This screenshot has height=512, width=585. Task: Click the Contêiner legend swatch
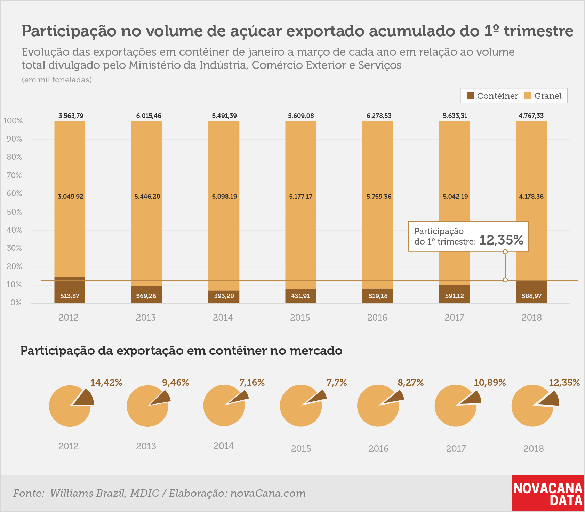[470, 96]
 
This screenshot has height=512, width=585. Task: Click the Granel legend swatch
[528, 96]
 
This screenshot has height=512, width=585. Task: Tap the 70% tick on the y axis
[14, 175]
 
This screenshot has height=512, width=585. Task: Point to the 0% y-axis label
[16, 303]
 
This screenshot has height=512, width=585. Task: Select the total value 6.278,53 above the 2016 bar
[379, 116]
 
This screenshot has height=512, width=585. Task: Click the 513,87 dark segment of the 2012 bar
[70, 290]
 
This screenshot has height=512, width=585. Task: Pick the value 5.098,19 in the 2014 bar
[224, 197]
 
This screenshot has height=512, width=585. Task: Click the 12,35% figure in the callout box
[501, 240]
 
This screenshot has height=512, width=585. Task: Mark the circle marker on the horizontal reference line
[505, 280]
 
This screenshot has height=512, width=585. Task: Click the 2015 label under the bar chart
[300, 317]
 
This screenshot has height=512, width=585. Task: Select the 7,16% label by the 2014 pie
[252, 383]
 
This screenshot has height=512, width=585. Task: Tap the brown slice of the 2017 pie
[471, 398]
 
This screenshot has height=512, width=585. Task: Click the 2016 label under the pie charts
[378, 449]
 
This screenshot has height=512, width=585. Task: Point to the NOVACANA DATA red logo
[548, 493]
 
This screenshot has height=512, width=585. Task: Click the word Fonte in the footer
[29, 493]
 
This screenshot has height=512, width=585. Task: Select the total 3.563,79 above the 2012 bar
[71, 116]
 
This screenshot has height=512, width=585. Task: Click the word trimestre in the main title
[539, 31]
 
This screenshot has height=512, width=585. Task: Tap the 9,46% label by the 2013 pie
[176, 383]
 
